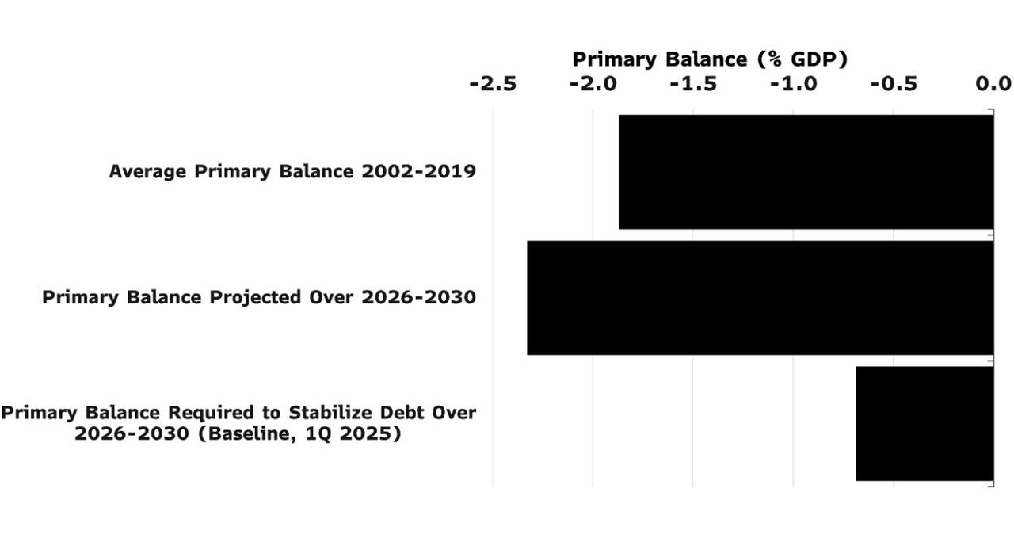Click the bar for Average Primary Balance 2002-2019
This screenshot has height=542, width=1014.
coord(806,172)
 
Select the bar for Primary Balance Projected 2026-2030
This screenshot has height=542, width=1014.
coord(760,298)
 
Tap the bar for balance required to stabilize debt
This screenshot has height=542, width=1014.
coord(924,423)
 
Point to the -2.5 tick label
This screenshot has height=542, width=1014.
coord(493,84)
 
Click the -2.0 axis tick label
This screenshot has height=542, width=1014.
coord(593,84)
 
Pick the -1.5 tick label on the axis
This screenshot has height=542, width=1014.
coord(693,84)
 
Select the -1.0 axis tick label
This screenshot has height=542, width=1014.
coord(793,84)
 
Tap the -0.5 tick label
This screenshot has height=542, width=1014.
coord(894,84)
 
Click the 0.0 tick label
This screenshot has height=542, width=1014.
coord(993,84)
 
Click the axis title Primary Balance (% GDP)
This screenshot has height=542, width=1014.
coord(709,59)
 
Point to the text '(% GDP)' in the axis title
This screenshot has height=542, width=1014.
coord(802,59)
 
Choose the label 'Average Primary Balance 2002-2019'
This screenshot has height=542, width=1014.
coord(292,171)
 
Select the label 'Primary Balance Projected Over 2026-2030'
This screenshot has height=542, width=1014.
coord(259,297)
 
